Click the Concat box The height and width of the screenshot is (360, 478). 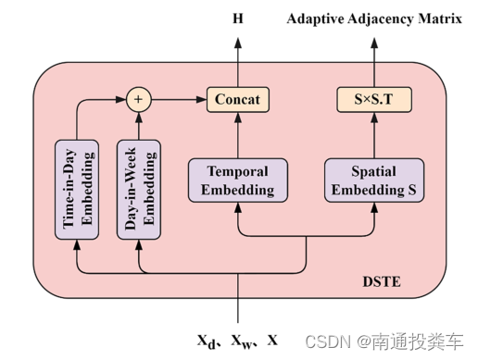[238, 98]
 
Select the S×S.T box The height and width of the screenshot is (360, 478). [374, 98]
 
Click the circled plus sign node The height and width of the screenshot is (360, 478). [139, 98]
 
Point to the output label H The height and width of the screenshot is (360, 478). [238, 19]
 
